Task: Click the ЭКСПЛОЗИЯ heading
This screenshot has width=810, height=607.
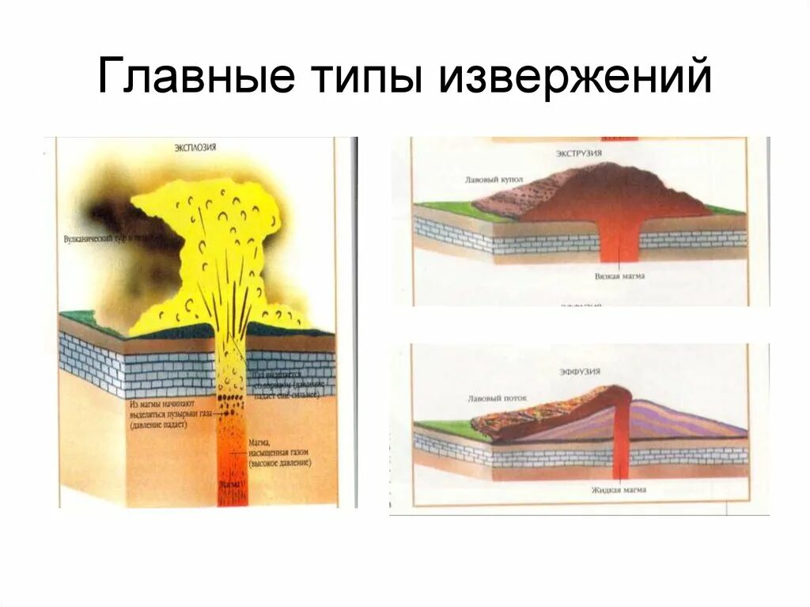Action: click(x=195, y=147)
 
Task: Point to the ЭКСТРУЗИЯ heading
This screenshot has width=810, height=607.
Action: click(x=580, y=154)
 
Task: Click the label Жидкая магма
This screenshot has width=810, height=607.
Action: click(x=619, y=490)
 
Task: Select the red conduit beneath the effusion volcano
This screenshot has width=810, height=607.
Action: click(x=621, y=443)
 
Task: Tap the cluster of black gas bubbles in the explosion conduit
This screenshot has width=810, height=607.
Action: click(x=231, y=400)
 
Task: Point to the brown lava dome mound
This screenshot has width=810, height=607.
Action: click(x=617, y=190)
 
